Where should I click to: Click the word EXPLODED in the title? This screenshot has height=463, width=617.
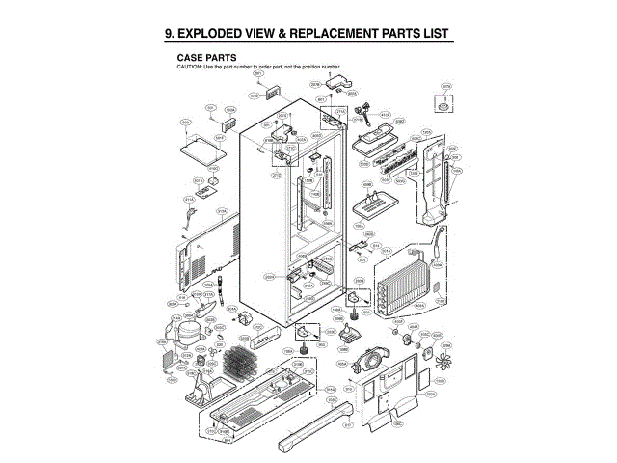pyautogui.click(x=220, y=35)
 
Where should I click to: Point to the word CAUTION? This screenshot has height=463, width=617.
pyautogui.click(x=188, y=66)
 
